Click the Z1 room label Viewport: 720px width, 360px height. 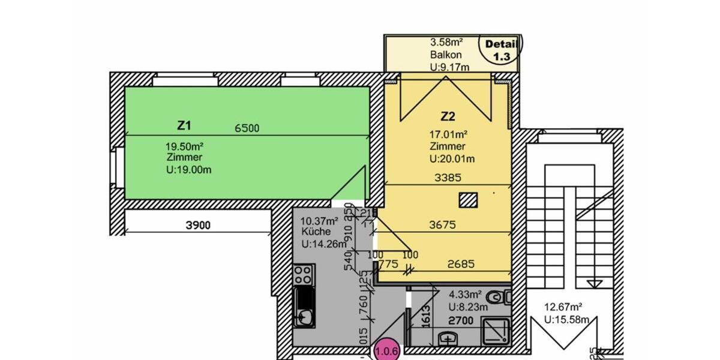click(x=184, y=126)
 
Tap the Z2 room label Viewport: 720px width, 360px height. click(x=448, y=116)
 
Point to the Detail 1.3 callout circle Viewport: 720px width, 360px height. click(x=500, y=50)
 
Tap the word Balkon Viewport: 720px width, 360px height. click(x=445, y=55)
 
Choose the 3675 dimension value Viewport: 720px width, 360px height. click(x=443, y=225)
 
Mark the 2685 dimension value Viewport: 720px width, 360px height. click(x=460, y=263)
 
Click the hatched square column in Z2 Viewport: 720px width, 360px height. click(x=468, y=200)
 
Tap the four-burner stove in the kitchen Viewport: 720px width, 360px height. click(x=304, y=275)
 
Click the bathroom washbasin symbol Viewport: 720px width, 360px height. click(x=448, y=340)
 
